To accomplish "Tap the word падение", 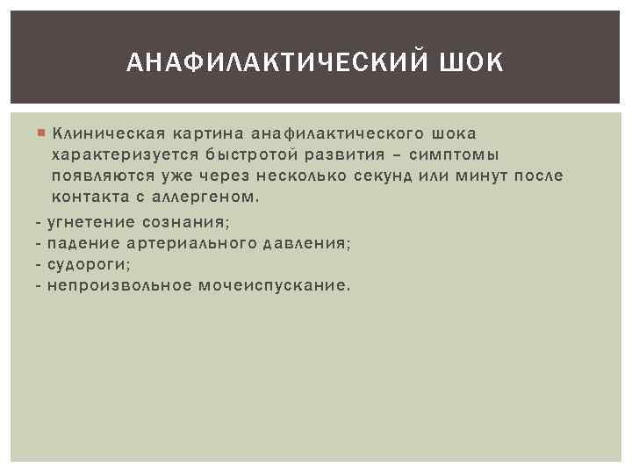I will coord(81,242).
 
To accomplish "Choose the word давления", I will coord(307,242).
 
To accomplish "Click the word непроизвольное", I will coord(120,285).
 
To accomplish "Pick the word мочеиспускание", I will coord(276,285).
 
